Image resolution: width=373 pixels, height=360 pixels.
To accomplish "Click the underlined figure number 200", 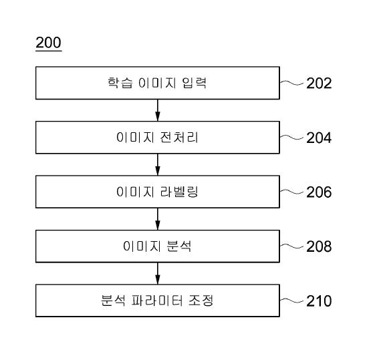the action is coord(49,43).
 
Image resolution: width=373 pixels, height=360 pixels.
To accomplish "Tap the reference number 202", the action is coord(319,83).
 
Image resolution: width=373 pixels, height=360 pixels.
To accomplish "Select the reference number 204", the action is coord(319,138).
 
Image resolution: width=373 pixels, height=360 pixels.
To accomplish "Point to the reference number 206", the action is coord(319,192).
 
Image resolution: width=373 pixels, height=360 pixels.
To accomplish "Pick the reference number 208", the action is coord(319,246).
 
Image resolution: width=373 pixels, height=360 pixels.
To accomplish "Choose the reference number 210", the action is coord(319,301).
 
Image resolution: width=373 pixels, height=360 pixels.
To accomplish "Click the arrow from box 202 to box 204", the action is coord(158,110).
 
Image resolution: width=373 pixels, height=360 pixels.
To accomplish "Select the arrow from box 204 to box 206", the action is coord(158,164).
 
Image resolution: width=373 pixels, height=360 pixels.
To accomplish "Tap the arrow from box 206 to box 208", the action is coord(158,219).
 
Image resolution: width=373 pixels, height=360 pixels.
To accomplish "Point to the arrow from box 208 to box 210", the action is coord(158,273).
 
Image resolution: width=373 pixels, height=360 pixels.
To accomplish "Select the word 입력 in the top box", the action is coord(195,83).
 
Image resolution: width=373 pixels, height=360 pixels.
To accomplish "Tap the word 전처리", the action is coord(179,137).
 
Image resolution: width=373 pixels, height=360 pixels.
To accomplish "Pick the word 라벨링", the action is coord(179,192).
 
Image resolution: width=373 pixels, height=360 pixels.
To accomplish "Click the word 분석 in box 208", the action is coord(179,246).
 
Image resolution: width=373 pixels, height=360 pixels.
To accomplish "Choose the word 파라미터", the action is coord(157,300).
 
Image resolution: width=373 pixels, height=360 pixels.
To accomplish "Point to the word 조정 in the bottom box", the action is coord(201,300).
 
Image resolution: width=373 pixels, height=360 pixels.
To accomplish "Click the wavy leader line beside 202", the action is coord(291,83).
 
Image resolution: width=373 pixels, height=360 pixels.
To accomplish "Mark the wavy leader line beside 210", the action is coord(291,301).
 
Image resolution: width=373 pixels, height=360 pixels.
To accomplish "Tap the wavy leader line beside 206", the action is coord(291,192).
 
